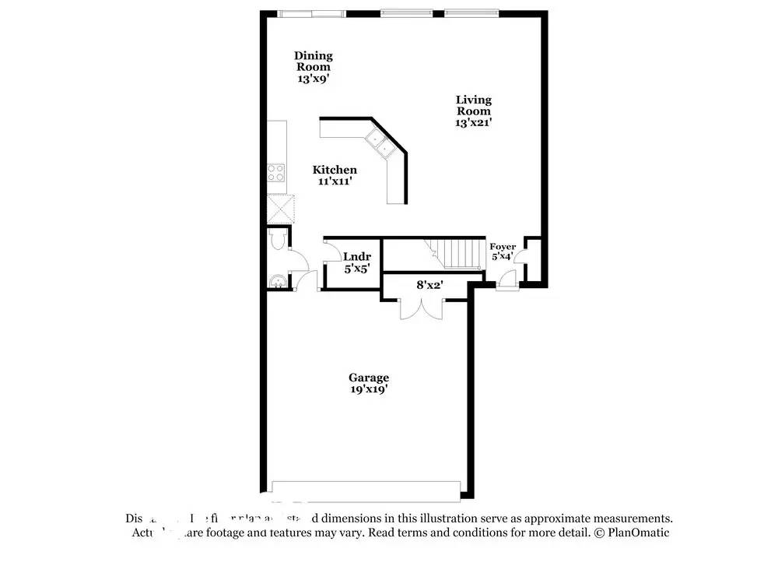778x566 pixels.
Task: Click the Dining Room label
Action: (x=313, y=61)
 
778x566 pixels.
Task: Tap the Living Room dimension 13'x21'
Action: (x=473, y=122)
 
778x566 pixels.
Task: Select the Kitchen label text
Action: (x=335, y=170)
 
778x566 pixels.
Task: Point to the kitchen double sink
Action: (x=380, y=142)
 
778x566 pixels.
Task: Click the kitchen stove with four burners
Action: (x=276, y=173)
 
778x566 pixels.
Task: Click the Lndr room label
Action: (x=357, y=257)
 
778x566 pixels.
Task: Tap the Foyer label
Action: (x=503, y=247)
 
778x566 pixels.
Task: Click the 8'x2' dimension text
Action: (x=429, y=285)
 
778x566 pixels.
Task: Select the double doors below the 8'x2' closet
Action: (x=419, y=308)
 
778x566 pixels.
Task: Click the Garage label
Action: (x=368, y=378)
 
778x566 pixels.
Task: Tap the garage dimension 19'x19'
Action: (x=368, y=389)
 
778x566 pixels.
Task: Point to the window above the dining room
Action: (x=311, y=12)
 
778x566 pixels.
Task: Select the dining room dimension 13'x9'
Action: (x=313, y=79)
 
